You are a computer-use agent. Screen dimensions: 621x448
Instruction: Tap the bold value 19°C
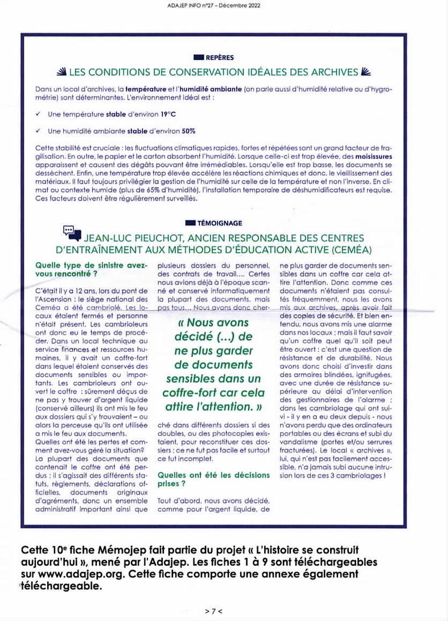(x=151, y=114)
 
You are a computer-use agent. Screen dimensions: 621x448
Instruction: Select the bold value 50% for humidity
(x=188, y=130)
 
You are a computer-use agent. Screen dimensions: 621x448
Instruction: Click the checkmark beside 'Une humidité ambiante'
(x=37, y=130)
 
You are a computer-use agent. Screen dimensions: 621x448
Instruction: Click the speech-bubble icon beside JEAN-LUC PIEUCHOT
(x=69, y=232)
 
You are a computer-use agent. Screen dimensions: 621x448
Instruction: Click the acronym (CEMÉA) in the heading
(x=348, y=250)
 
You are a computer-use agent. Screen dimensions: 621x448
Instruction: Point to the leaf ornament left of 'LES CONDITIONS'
(x=61, y=72)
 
